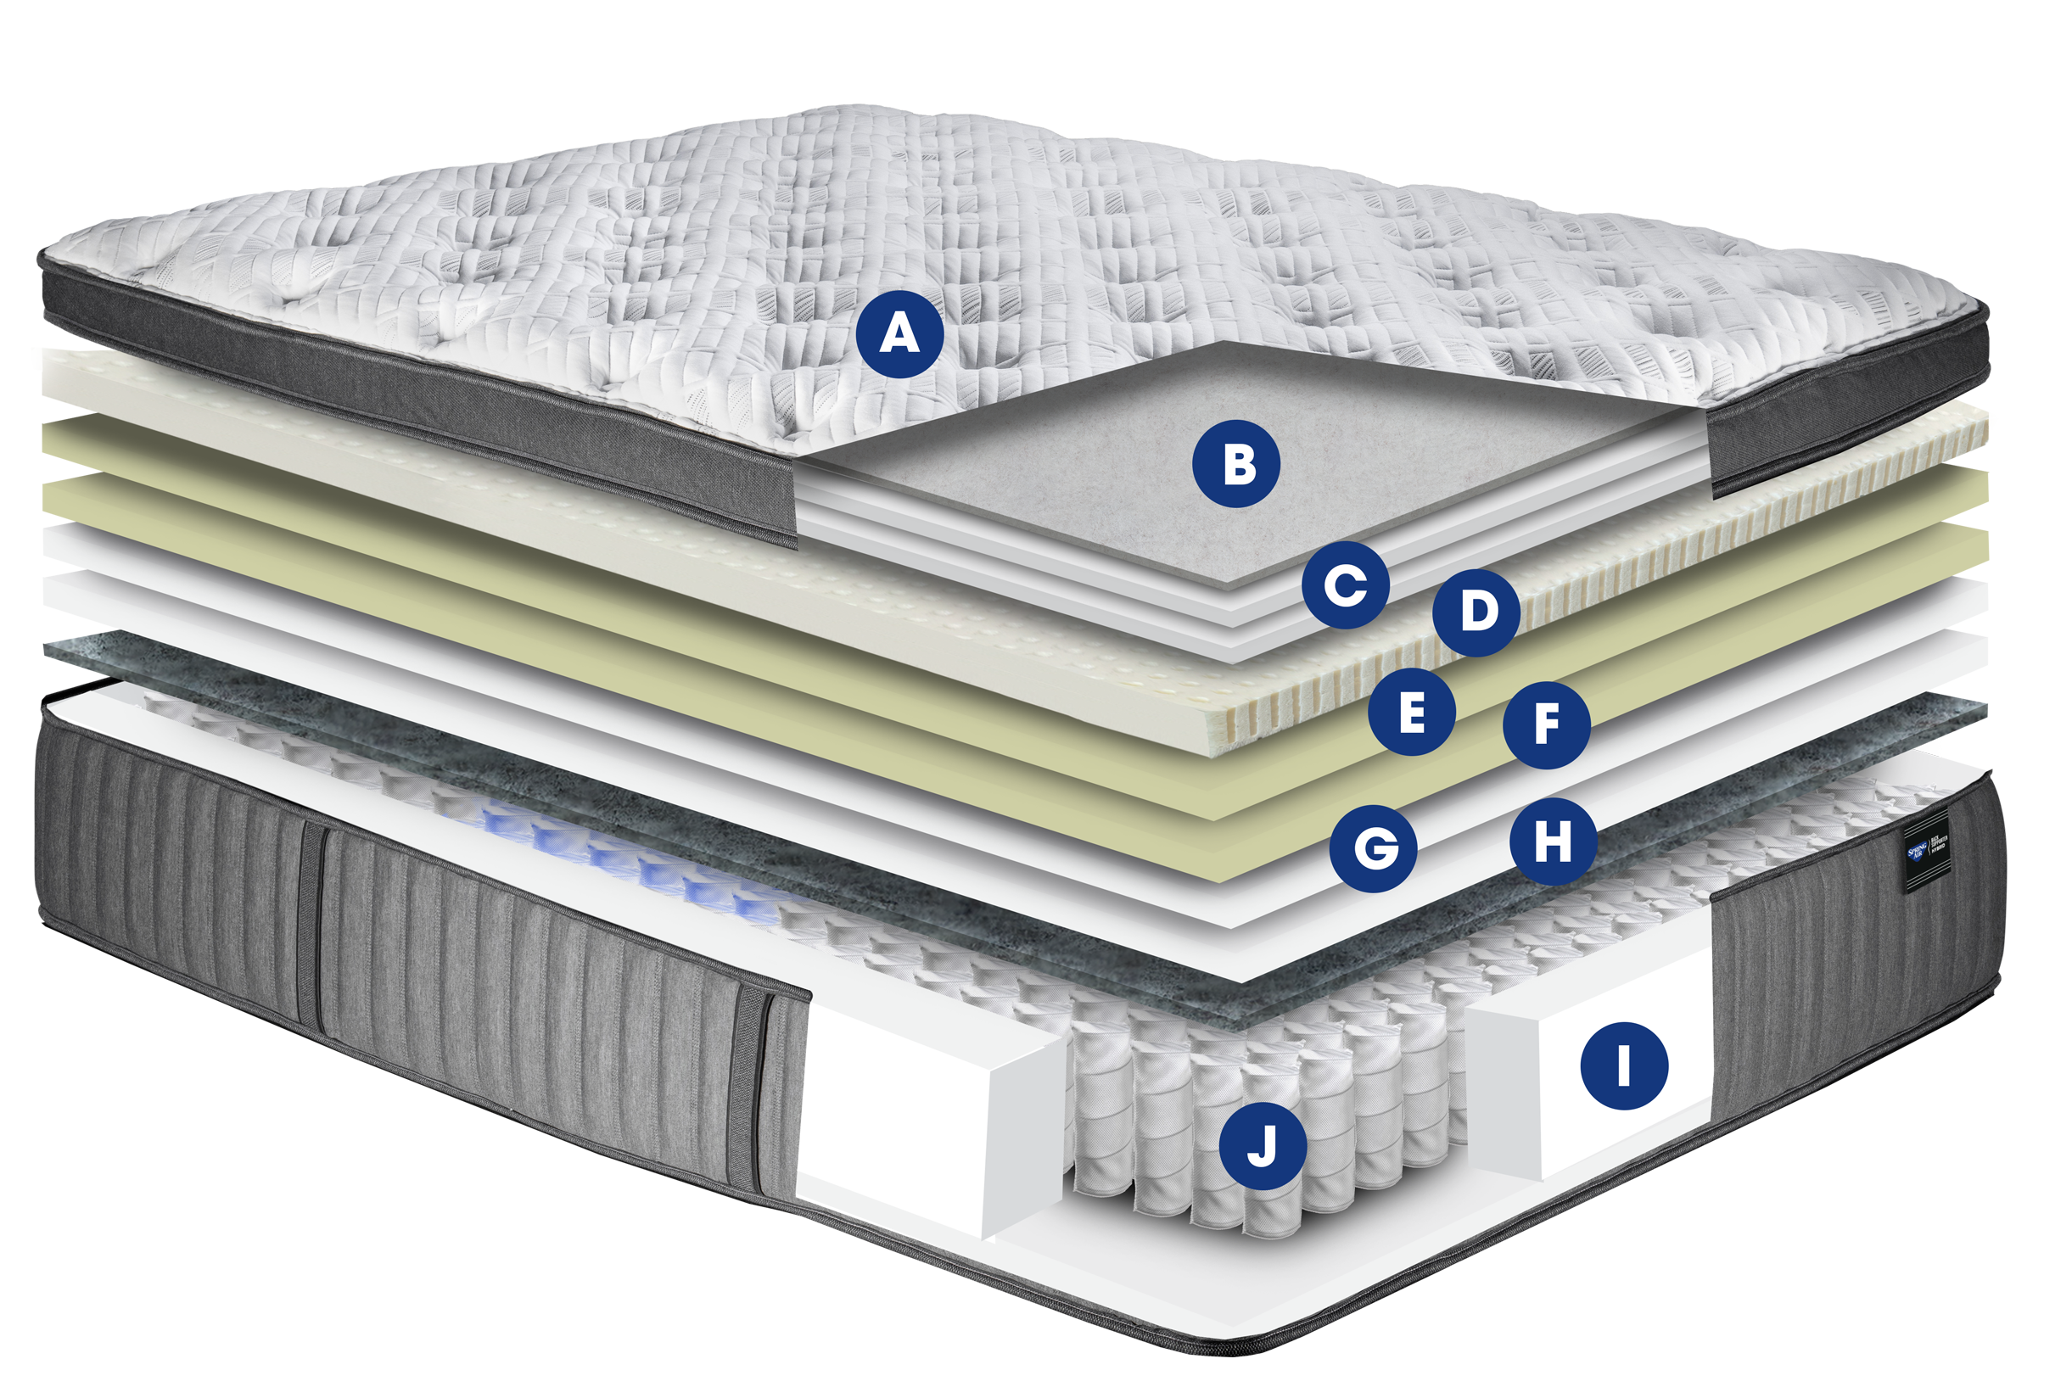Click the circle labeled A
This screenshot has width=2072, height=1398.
click(899, 334)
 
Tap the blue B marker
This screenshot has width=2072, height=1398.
click(1236, 465)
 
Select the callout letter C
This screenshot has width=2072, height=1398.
click(1346, 586)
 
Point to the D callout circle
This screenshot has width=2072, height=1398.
click(1476, 612)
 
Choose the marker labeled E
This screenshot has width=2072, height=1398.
click(1412, 712)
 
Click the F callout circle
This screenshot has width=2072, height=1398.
click(1546, 726)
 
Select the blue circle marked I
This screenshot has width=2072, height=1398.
click(1623, 1065)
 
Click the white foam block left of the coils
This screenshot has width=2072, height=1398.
click(910, 1115)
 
